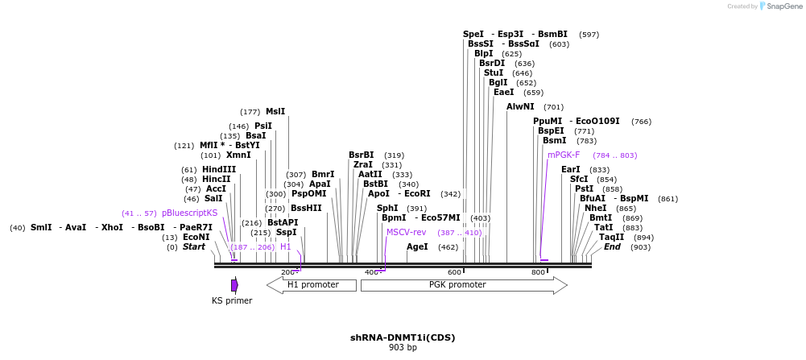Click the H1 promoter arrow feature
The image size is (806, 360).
coord(312,285)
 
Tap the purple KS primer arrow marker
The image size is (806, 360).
coord(234,285)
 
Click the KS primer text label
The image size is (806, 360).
coord(232,301)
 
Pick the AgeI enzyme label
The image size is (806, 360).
coord(417,246)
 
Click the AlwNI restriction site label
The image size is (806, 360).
coord(520,106)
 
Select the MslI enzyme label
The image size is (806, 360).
coord(275,112)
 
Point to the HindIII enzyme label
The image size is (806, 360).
coord(219,170)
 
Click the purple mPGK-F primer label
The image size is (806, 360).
coord(564,155)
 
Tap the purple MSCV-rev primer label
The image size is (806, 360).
coord(406,232)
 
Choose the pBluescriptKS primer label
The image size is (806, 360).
coord(189,213)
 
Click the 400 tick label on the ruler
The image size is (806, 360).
coord(372,272)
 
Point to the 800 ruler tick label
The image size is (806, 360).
coord(537,272)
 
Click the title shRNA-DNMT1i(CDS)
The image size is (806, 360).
coord(403,337)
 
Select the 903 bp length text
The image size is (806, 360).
coord(403,348)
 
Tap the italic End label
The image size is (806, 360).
coord(612,246)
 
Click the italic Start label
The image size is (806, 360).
coord(194,246)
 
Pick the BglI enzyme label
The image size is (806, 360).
coord(498,82)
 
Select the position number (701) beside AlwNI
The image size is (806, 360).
coord(553,107)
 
